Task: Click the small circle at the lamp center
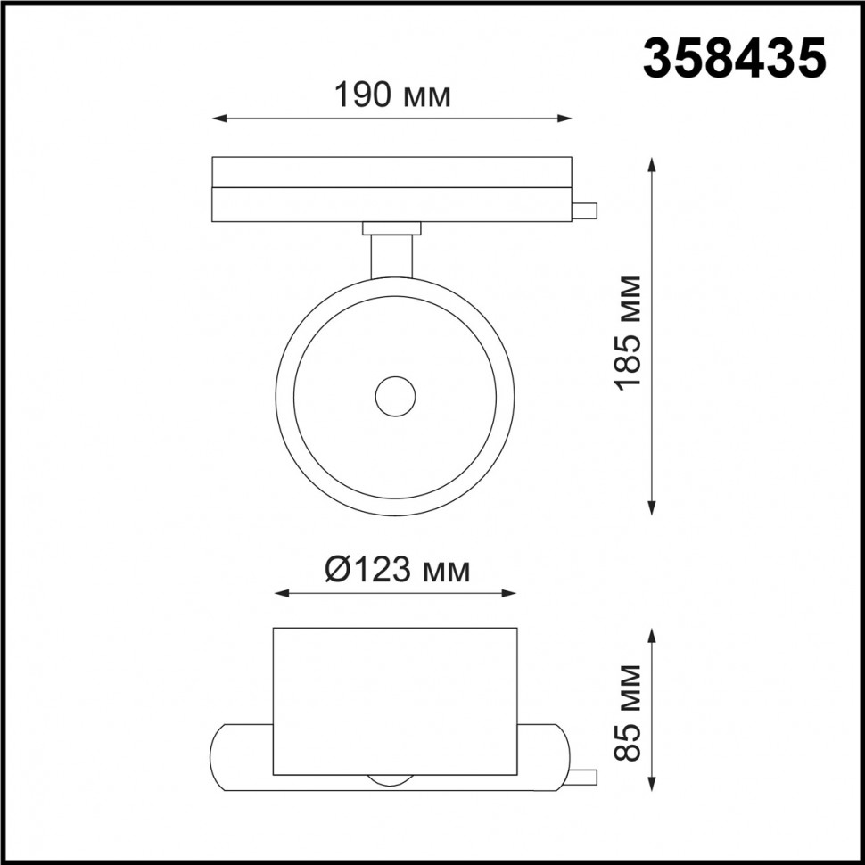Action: (x=394, y=395)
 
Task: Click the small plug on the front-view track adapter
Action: (x=585, y=210)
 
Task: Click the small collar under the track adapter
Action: (x=391, y=228)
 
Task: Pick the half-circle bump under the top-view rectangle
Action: (x=391, y=780)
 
